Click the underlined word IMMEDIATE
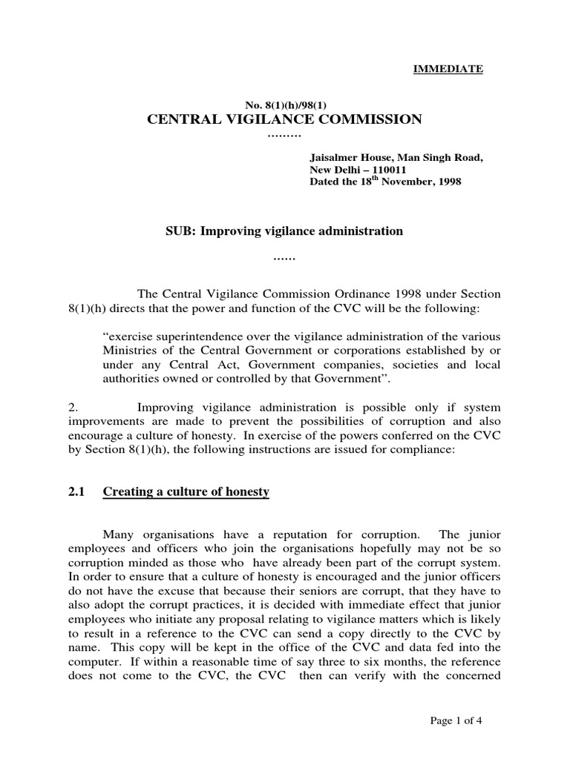pyautogui.click(x=448, y=69)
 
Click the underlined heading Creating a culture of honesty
pyautogui.click(x=186, y=491)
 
